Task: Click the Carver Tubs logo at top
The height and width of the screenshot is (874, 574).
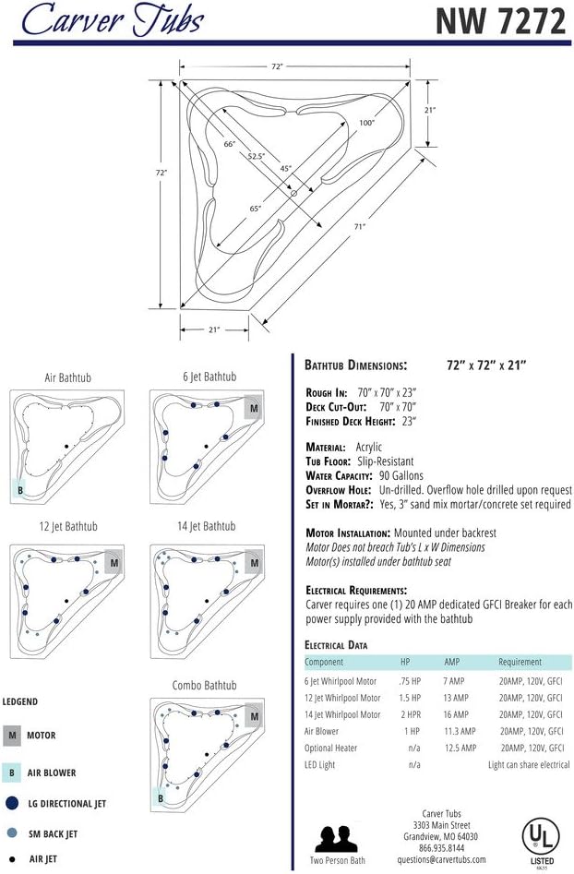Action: [x=113, y=19]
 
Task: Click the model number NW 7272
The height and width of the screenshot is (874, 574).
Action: [x=500, y=22]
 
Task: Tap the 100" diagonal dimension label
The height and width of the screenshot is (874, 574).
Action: [x=366, y=123]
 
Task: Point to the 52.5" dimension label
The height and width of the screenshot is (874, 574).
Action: [x=256, y=156]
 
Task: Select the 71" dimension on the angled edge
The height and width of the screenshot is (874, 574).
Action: [x=360, y=226]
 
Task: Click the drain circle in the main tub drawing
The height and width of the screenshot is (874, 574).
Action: [x=293, y=193]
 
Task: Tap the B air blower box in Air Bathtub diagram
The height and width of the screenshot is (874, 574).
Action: [x=19, y=490]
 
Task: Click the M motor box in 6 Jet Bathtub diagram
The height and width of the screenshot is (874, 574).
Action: [x=254, y=408]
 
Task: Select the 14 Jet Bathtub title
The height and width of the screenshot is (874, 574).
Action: [x=206, y=526]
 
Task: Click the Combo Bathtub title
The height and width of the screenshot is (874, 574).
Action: [x=204, y=685]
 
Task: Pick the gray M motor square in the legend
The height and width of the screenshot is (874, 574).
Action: [x=12, y=736]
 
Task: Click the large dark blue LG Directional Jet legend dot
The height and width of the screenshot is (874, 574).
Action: [x=12, y=803]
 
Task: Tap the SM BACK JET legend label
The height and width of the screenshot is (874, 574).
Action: [x=53, y=834]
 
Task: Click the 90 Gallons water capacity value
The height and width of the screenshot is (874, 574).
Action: [x=401, y=475]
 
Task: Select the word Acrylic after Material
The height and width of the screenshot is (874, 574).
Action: [x=369, y=447]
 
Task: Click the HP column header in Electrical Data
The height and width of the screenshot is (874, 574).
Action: [x=405, y=662]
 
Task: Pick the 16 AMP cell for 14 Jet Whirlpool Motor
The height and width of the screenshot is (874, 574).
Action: [x=455, y=714]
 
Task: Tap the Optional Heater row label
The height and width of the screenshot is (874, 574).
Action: [x=330, y=748]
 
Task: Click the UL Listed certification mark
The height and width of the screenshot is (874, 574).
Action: [x=541, y=840]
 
